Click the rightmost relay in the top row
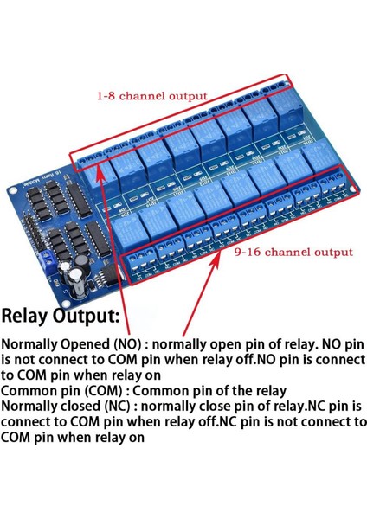[x=286, y=112]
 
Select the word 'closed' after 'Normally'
[x=82, y=407]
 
